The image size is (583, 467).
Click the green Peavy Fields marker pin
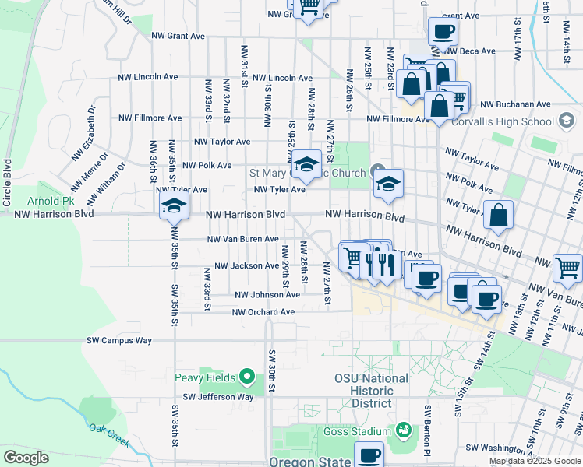click(x=247, y=377)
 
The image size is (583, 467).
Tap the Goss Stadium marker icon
click(x=403, y=430)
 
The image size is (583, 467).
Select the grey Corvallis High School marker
click(x=567, y=121)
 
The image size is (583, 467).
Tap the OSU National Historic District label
click(x=371, y=391)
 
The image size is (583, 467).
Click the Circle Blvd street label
click(x=8, y=182)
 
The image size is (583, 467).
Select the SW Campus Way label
click(x=119, y=340)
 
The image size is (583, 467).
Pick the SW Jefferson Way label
click(x=219, y=396)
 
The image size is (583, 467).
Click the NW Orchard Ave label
click(x=264, y=312)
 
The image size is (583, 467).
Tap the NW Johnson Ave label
click(x=267, y=295)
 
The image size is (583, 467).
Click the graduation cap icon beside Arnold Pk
click(x=174, y=205)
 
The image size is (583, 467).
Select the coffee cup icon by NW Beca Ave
click(x=442, y=32)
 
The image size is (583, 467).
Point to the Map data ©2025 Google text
click(x=534, y=461)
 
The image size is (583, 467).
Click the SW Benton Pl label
click(x=427, y=429)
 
